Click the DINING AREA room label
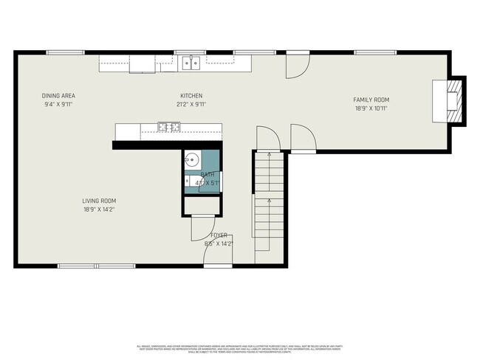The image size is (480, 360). pyautogui.click(x=58, y=96)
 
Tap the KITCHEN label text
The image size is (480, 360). pyautogui.click(x=191, y=96)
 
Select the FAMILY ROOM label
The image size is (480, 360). pyautogui.click(x=371, y=100)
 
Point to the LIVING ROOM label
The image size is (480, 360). pyautogui.click(x=98, y=201)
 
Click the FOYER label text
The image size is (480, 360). pyautogui.click(x=219, y=235)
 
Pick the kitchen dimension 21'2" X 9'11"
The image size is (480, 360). pyautogui.click(x=191, y=105)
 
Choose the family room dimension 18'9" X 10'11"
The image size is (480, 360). pyautogui.click(x=371, y=108)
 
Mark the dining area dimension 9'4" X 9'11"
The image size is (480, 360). pyautogui.click(x=58, y=105)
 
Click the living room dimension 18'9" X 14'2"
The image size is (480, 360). pyautogui.click(x=98, y=210)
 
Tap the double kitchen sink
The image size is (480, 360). pyautogui.click(x=191, y=63)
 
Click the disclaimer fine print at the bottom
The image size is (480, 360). pyautogui.click(x=240, y=348)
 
